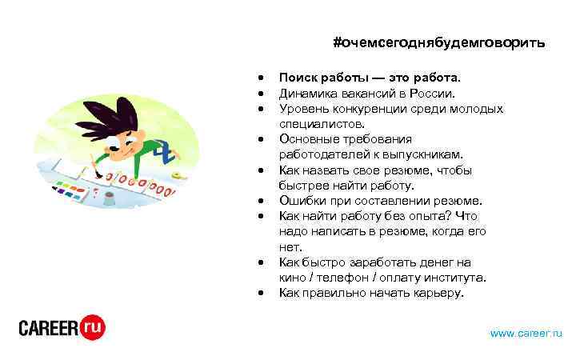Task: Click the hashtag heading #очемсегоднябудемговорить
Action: (x=439, y=42)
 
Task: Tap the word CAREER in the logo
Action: (x=49, y=328)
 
